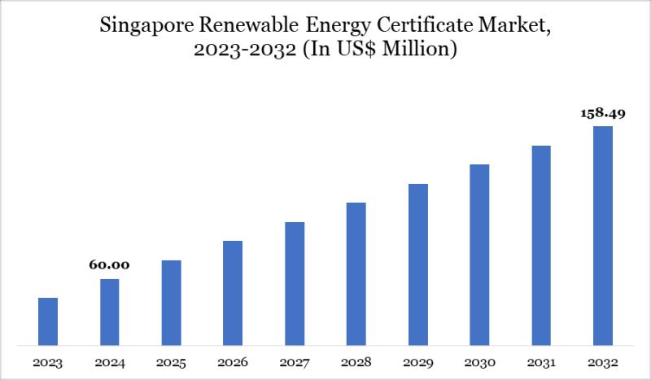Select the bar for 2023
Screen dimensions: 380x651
click(x=48, y=321)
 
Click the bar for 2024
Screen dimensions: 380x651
click(x=110, y=312)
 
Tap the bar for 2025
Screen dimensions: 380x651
click(x=171, y=302)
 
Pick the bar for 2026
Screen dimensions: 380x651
click(x=233, y=292)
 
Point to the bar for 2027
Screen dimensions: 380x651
click(x=295, y=283)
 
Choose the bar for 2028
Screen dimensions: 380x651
click(x=356, y=273)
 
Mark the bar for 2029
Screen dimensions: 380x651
click(x=418, y=264)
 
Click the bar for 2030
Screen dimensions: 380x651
click(x=479, y=254)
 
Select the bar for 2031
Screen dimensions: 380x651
click(x=541, y=245)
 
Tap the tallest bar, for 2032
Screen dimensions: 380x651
click(x=603, y=235)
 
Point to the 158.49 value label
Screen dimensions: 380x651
click(x=603, y=113)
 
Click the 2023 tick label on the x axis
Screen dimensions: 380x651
click(x=48, y=361)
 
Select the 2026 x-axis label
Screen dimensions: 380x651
click(x=233, y=361)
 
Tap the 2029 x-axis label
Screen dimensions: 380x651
click(x=418, y=361)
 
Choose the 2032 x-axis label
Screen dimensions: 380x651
click(x=603, y=361)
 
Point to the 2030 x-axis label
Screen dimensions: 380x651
click(x=479, y=361)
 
